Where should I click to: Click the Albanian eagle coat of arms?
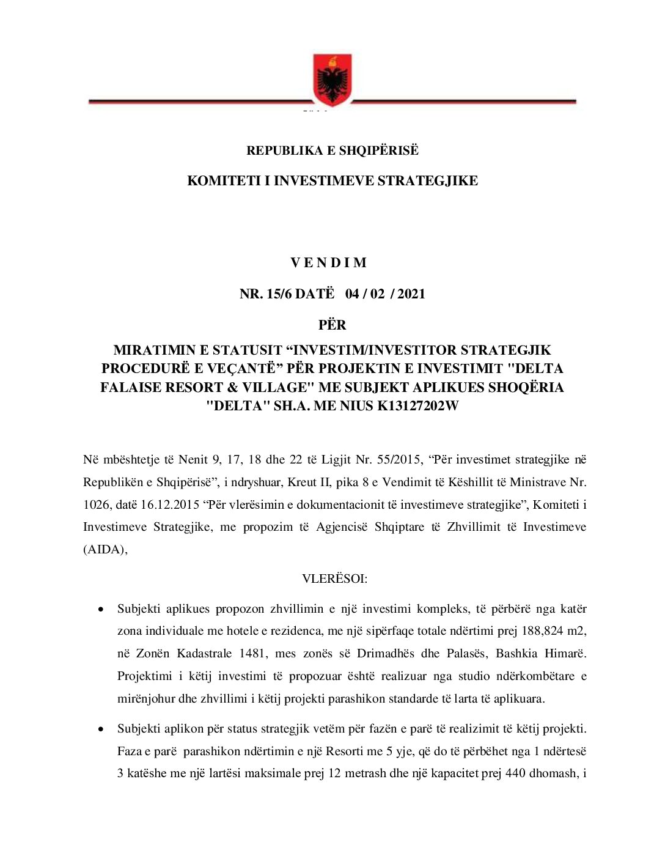[x=332, y=80]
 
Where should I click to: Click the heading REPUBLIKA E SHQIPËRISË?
[x=332, y=150]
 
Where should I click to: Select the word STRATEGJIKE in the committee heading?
[x=428, y=181]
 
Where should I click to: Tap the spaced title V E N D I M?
[x=328, y=263]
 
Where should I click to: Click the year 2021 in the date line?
[x=411, y=294]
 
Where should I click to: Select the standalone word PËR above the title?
[x=332, y=325]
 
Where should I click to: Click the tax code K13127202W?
[x=418, y=406]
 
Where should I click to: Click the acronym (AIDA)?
[x=105, y=549]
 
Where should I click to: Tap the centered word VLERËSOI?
[x=335, y=578]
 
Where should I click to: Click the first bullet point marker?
[x=101, y=610]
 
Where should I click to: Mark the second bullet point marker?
[x=101, y=730]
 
